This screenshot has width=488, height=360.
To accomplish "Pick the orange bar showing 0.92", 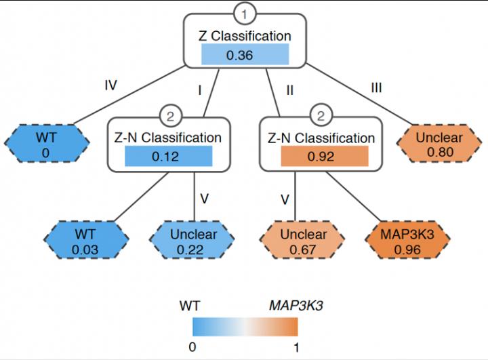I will coord(324,157).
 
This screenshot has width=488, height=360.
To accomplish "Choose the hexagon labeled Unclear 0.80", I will coord(439,144).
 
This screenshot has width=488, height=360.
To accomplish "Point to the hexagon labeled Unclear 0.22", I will coord(194,242).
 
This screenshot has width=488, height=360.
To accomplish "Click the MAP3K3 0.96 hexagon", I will coord(407,242).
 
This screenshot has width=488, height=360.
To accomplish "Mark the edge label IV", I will coord(111,85).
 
